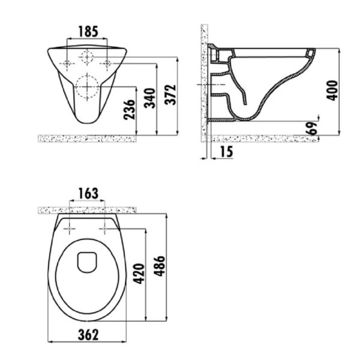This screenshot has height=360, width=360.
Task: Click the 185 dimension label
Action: (88, 31)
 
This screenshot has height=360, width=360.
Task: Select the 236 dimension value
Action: (129, 110)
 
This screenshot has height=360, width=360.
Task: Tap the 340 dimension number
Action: (149, 98)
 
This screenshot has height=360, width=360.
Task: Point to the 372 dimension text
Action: (170, 95)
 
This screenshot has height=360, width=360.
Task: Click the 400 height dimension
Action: (332, 90)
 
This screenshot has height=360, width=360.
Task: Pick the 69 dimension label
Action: (312, 128)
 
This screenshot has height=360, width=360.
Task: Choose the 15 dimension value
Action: (226, 152)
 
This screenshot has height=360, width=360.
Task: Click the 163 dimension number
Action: (88, 194)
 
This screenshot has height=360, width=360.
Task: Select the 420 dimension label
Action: (139, 274)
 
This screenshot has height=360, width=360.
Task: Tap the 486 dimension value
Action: (160, 266)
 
